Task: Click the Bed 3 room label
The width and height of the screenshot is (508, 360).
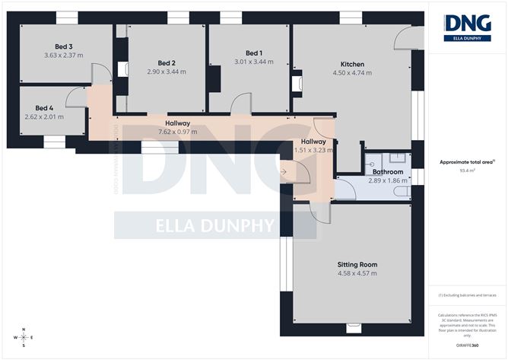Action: [52, 46]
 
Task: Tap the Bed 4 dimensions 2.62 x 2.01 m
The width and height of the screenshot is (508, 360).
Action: [44, 116]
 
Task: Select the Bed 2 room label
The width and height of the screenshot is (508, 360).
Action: [167, 62]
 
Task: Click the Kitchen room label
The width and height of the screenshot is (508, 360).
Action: [352, 64]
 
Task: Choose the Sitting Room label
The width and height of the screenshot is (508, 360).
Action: [357, 265]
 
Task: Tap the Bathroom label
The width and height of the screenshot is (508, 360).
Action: [388, 172]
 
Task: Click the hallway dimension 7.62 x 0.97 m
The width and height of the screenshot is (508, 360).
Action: [177, 132]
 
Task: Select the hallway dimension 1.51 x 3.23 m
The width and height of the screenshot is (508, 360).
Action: [312, 151]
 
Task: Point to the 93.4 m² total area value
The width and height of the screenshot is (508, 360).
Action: [465, 170]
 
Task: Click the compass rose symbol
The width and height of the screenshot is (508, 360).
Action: [24, 337]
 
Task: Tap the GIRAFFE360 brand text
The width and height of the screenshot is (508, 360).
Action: [464, 346]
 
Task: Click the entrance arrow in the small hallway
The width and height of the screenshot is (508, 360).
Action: [284, 171]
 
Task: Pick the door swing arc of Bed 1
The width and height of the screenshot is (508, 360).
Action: [242, 100]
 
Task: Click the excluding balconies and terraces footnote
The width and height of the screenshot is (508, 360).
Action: [464, 295]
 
